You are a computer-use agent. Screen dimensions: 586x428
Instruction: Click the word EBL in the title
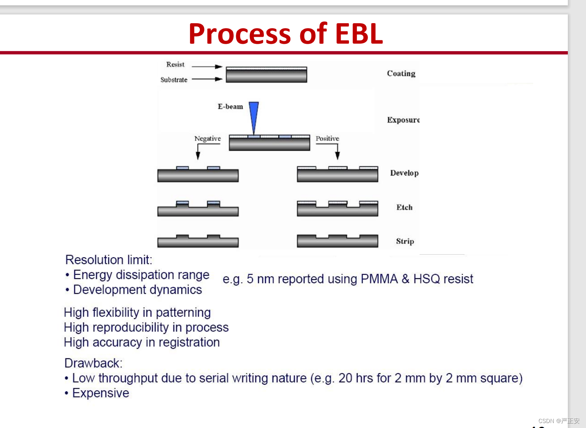(359, 33)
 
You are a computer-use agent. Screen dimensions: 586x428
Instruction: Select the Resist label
(175, 64)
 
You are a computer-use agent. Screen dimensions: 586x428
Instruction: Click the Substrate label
(174, 80)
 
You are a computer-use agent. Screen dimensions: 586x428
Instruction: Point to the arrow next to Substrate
(207, 79)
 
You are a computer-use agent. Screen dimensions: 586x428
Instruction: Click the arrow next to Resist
(207, 67)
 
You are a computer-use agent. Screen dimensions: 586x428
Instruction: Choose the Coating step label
(401, 74)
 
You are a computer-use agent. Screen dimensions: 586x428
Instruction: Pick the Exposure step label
(403, 120)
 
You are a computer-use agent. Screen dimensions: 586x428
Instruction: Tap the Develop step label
(404, 173)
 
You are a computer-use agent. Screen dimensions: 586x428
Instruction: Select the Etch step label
(404, 207)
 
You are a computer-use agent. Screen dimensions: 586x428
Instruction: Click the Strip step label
(405, 241)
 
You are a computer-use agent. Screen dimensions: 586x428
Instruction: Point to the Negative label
(207, 139)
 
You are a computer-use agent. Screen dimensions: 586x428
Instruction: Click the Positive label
(327, 138)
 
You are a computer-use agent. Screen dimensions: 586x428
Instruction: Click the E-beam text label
(230, 106)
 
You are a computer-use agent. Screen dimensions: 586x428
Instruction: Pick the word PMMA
(379, 279)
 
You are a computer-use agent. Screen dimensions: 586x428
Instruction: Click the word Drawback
(93, 363)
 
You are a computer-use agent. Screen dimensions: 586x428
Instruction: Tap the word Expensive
(101, 393)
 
